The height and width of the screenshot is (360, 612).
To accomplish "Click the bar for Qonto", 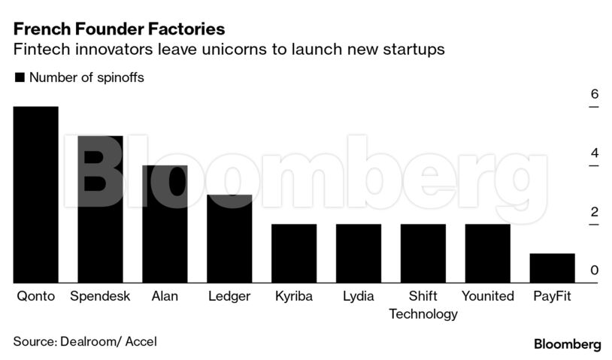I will (35, 195).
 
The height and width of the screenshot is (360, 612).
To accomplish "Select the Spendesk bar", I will (100, 210).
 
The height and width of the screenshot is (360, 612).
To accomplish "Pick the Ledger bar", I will (229, 239).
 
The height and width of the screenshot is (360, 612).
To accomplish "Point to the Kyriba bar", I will (294, 253).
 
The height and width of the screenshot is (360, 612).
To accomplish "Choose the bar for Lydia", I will (358, 253).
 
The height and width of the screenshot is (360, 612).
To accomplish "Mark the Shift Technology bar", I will (423, 253).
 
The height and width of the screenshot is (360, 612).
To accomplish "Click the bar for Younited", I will (487, 253).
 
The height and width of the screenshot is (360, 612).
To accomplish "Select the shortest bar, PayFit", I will (552, 268).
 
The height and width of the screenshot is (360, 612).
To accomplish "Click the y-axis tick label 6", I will (594, 95).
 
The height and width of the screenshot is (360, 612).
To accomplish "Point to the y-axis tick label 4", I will (594, 153).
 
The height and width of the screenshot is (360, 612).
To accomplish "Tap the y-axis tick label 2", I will (594, 212).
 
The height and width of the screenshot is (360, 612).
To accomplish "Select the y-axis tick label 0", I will (594, 271).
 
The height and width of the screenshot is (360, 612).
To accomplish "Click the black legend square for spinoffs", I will (20, 77).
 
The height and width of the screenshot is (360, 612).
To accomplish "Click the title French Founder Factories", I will (119, 30).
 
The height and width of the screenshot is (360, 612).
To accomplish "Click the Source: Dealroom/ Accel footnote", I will (85, 340).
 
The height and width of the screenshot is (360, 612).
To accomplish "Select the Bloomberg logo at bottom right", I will (567, 344).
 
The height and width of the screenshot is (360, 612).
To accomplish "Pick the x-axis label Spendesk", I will (100, 296).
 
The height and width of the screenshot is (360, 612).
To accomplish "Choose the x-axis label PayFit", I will (552, 296).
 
